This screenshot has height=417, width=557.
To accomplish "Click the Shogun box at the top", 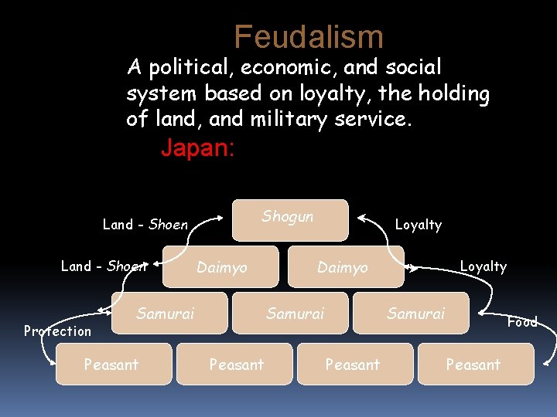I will pyautogui.click(x=291, y=218).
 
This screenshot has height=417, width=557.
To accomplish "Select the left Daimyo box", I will pyautogui.click(x=222, y=267).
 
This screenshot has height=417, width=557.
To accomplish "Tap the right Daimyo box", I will pyautogui.click(x=345, y=267).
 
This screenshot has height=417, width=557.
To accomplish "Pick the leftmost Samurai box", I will pyautogui.click(x=169, y=313).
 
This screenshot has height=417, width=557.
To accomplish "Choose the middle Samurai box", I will pyautogui.click(x=296, y=313).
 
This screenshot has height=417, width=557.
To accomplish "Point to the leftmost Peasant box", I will pyautogui.click(x=113, y=364).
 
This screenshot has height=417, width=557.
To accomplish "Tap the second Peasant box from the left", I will pyautogui.click(x=235, y=364).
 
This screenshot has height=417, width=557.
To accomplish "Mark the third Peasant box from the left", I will pyautogui.click(x=352, y=364).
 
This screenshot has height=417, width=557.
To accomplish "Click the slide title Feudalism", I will pyautogui.click(x=309, y=36).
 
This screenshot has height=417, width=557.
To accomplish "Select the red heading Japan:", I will pyautogui.click(x=197, y=147).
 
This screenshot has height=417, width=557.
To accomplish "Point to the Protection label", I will pyautogui.click(x=57, y=331).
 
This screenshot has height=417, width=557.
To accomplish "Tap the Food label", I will pyautogui.click(x=522, y=322).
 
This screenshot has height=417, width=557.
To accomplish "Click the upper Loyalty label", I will pyautogui.click(x=418, y=225).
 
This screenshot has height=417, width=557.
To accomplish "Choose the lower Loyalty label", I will pyautogui.click(x=483, y=266).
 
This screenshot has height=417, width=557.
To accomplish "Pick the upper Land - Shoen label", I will pyautogui.click(x=145, y=225).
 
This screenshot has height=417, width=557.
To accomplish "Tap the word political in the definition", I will pyautogui.click(x=190, y=68).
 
